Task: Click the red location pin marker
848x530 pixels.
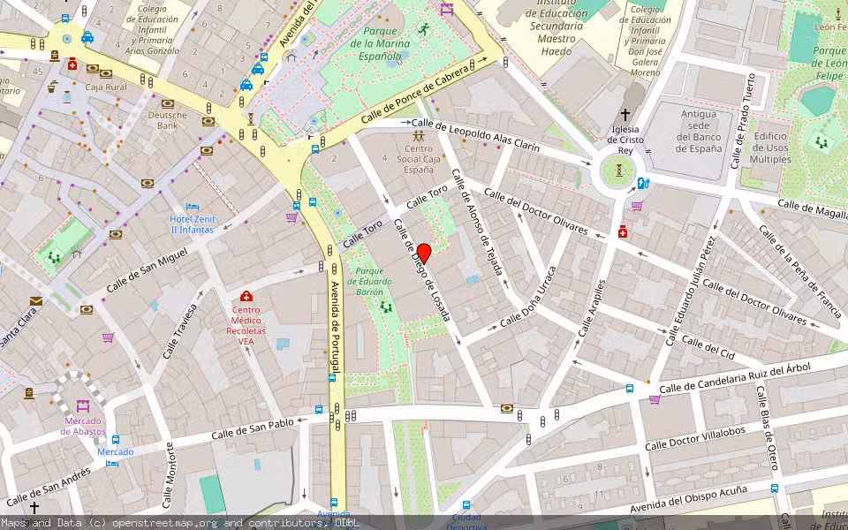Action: (x=423, y=253)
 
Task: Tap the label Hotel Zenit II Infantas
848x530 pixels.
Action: (x=192, y=223)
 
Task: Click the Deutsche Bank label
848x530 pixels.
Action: (x=168, y=120)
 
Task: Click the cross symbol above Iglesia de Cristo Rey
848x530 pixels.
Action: (x=625, y=115)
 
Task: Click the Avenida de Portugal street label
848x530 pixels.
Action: (x=335, y=328)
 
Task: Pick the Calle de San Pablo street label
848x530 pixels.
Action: (x=253, y=428)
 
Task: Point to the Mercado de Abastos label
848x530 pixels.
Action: (x=83, y=426)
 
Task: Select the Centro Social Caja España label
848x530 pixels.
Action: (x=420, y=159)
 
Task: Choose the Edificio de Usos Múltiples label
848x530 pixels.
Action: (x=770, y=148)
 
